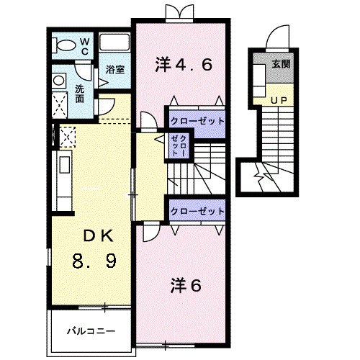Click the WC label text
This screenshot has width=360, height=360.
coord(84,45)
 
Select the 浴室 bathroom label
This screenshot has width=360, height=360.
coord(115,70)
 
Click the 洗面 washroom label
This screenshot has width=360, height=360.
coord(84,94)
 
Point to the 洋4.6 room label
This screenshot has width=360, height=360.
coord(184,66)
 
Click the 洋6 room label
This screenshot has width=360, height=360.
coord(186,285)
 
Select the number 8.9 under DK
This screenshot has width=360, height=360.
coord(94,258)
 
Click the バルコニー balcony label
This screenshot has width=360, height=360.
coord(91,331)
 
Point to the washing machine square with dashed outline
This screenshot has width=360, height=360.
coord(60,102)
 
